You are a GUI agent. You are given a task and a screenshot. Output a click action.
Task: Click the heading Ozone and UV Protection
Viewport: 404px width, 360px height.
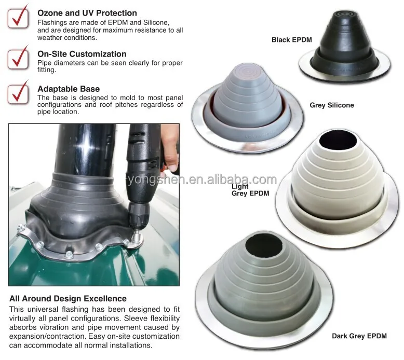[87, 13]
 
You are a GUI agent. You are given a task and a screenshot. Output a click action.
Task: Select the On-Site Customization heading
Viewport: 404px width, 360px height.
[82, 54]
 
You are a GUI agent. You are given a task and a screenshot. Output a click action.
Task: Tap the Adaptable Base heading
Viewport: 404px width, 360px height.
[69, 89]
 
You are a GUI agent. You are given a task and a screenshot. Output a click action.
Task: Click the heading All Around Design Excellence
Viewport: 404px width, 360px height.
[68, 298]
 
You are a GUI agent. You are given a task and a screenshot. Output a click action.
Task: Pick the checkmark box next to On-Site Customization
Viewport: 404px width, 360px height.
[18, 58]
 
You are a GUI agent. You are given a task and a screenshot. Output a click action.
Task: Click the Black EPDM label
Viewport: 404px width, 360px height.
[291, 39]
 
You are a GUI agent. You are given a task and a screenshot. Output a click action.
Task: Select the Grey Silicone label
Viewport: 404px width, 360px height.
[332, 105]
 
